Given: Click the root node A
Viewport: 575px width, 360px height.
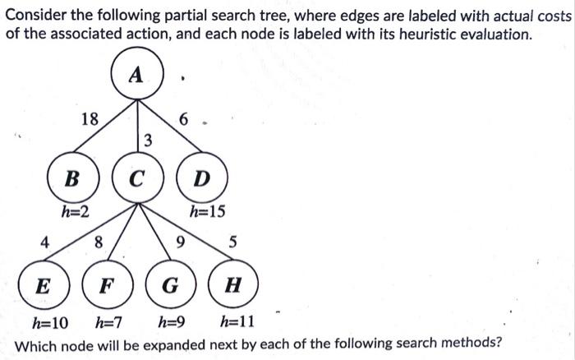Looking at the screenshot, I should pos(136,75).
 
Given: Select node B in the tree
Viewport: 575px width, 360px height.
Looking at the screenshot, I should pos(72,177).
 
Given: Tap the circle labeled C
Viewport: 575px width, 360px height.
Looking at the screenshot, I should pos(136,177).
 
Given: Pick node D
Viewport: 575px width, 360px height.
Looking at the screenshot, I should pos(201,177).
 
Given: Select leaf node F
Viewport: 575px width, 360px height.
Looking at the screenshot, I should pos(105,287).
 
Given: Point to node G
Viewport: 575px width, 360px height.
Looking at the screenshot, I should pos(169,287).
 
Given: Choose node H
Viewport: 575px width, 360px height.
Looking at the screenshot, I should pos(233,287).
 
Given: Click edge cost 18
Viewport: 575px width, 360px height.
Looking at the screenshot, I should pos(90,118).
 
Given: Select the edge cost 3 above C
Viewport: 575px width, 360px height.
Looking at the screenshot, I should pos(147,140).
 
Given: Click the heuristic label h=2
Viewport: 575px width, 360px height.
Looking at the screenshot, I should pos(76,212).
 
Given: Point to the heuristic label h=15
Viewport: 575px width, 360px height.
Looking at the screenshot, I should pos(207,212).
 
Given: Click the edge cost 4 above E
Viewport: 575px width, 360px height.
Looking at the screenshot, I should pos(46,242).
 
